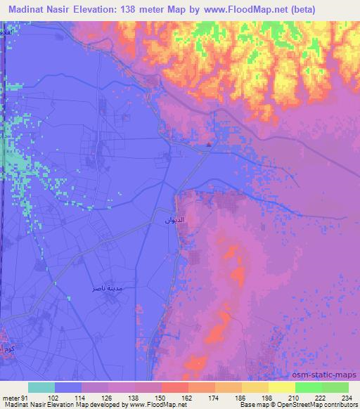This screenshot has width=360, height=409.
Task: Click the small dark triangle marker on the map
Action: (209, 146)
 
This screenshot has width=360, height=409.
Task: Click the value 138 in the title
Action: (134, 9)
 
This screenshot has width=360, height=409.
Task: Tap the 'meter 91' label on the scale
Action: (14, 398)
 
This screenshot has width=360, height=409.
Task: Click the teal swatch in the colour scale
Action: (41, 387)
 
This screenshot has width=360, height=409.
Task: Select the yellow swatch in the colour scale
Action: (281, 387)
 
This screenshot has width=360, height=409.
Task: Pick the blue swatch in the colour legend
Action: (68, 387)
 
